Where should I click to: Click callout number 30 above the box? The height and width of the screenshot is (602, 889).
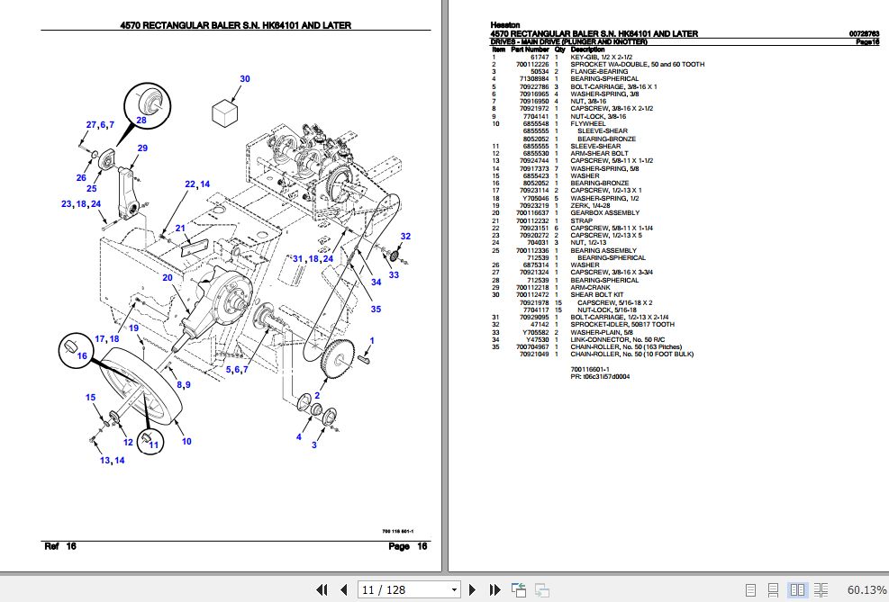click(244, 79)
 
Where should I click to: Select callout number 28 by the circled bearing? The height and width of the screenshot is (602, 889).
click(141, 119)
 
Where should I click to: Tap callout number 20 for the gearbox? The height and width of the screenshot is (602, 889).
click(167, 277)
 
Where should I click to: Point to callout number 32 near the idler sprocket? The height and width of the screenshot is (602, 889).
click(405, 237)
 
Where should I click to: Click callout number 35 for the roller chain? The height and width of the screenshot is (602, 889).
click(376, 310)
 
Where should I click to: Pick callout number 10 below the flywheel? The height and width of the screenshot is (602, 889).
click(186, 441)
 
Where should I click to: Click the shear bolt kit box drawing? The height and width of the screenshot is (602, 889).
click(225, 112)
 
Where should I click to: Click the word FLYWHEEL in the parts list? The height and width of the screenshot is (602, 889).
click(588, 123)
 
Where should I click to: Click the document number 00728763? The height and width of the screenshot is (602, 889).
click(864, 34)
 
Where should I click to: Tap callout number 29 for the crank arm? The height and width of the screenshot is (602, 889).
click(142, 148)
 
